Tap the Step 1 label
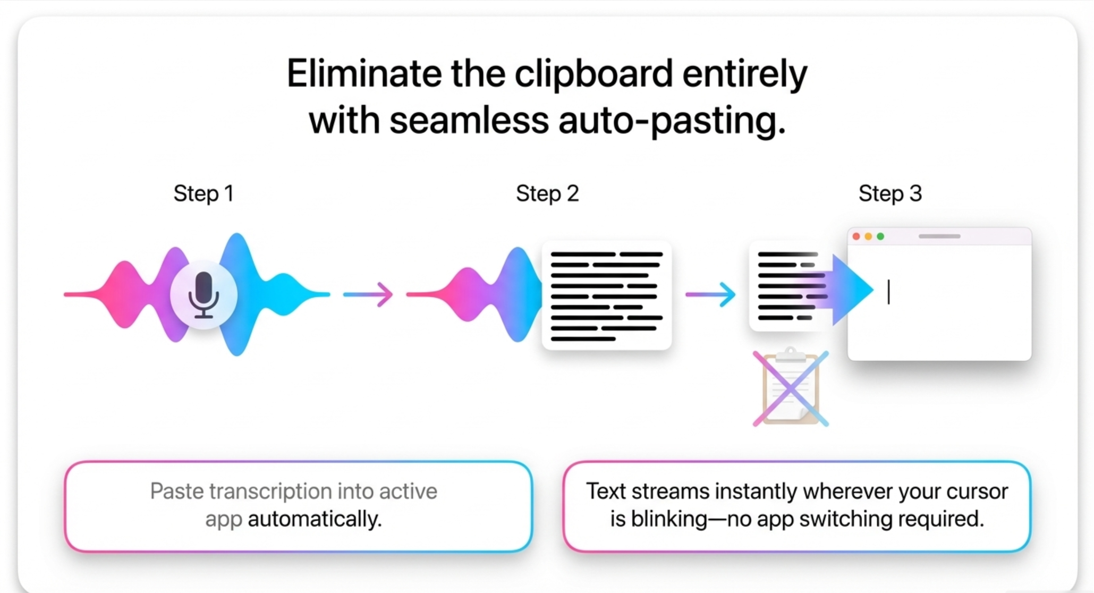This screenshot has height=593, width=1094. pos(203,193)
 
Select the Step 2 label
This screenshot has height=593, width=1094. pos(547,193)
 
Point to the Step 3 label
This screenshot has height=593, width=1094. pos(890,193)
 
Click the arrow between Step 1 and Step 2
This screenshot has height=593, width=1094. pos(368,294)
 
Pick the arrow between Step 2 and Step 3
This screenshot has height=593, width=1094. pos(711,294)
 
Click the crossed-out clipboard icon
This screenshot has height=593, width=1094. pos(791,388)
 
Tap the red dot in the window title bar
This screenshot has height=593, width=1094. pos(856,236)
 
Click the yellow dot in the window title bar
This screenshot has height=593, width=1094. pos(868,236)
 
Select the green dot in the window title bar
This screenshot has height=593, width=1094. pos(880,236)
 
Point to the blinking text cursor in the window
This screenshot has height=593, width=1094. pos(888,292)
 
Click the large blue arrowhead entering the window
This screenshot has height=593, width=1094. pos(852,290)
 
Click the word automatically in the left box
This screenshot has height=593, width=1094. pos(315,519)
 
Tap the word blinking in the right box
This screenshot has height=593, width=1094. pos(669,519)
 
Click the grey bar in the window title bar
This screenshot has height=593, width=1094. pos(939,236)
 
